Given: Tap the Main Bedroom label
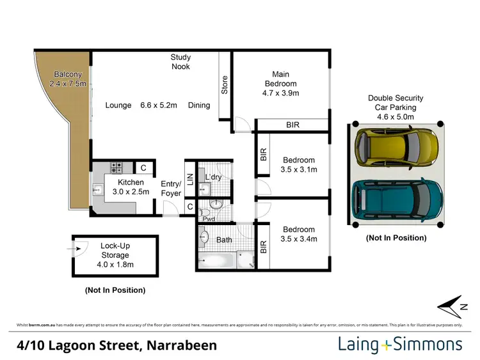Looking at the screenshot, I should pos(280,83).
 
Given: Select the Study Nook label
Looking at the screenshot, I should pos(180,61).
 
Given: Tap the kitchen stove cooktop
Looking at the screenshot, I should pos(117,168).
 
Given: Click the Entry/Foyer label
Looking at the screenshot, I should pos(171,188).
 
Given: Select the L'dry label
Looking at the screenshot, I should pos(213,177).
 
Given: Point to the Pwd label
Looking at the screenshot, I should pos(209,219).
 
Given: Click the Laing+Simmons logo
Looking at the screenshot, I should pos(400,345).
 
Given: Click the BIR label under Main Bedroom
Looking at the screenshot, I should pos(292,125).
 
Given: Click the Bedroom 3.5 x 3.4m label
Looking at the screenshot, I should pos(299,234).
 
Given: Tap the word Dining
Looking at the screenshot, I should pos(199,105).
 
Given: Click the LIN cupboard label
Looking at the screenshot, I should pos(190,180).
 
